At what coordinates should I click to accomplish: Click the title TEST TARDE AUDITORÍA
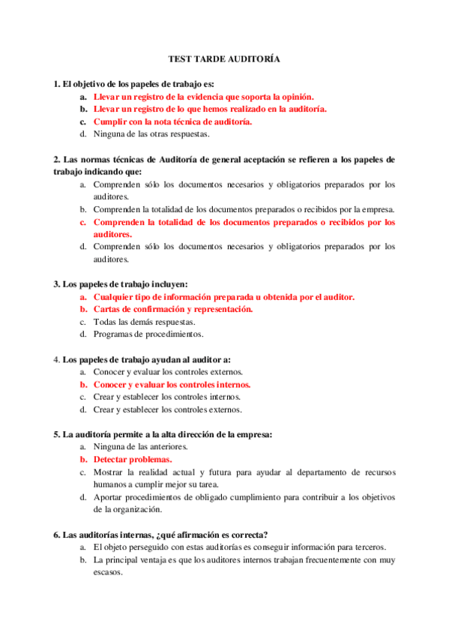point(224,58)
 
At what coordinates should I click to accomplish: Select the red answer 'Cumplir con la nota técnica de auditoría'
point(172,121)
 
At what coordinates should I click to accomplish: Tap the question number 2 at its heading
point(56,160)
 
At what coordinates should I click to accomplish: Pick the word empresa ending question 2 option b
point(379,209)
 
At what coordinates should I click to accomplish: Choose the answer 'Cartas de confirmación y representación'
point(172,309)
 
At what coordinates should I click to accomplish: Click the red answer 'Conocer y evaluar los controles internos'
point(172,384)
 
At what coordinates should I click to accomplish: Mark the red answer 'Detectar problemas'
point(133,459)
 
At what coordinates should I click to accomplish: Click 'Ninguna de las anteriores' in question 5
point(140,446)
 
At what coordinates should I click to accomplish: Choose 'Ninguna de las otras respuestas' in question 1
point(151,134)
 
